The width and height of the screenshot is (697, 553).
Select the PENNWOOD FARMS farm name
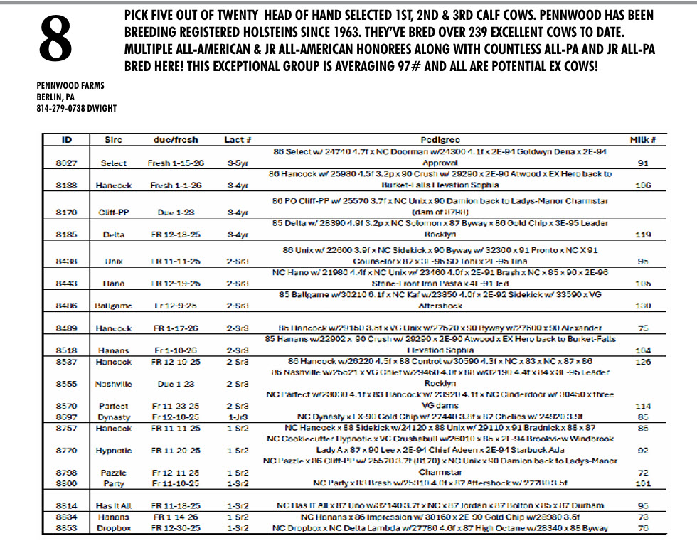70,86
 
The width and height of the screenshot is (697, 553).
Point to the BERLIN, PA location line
55,97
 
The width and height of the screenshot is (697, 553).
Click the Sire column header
113,141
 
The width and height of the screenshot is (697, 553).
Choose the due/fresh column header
175,141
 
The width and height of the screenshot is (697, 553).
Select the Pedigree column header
440,141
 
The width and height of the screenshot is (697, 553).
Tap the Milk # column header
642,141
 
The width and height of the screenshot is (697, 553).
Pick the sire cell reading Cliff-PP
113,212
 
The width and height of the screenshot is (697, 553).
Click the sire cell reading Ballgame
113,306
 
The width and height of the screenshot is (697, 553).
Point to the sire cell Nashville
113,384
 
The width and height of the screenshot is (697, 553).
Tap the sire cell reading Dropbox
113,528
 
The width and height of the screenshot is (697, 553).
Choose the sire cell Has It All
113,505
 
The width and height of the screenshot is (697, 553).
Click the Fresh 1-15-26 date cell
175,163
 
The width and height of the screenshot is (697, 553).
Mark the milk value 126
643,361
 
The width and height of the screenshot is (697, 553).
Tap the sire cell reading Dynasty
113,417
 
